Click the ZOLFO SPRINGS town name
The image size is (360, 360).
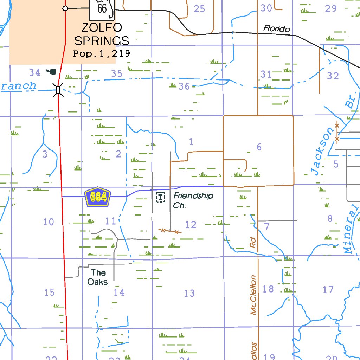pos(102,34)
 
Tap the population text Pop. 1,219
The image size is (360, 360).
pos(102,54)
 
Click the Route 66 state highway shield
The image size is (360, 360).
pos(102,9)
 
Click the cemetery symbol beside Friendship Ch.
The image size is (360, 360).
pos(160,197)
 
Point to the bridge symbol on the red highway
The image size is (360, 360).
pos(58,90)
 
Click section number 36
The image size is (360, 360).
pos(184,86)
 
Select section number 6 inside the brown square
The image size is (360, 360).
pos(259,147)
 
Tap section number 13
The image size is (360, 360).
pos(189,293)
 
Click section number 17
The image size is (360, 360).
pos(328,290)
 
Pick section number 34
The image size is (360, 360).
pos(34,73)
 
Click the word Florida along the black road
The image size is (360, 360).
pos(277,28)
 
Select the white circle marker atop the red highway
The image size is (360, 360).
pos(65,8)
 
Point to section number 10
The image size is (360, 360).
pos(49,222)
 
